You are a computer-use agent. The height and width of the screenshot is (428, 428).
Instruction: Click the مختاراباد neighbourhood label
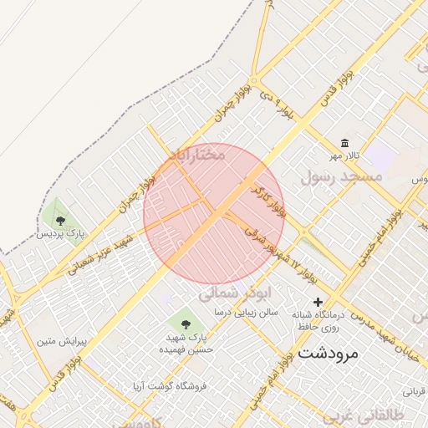[197, 155]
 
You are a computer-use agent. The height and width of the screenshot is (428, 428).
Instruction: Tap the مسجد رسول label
[342, 176]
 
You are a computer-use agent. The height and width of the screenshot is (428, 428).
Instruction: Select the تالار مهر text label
[343, 156]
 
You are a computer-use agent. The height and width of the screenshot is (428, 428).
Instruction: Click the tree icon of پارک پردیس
[60, 221]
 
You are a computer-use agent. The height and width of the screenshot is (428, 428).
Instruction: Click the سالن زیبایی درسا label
[245, 312]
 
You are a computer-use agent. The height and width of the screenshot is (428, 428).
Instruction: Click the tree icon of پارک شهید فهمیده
[184, 322]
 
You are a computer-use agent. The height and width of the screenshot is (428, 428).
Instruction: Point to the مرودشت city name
[327, 353]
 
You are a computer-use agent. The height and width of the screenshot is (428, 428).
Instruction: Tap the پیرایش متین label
[57, 341]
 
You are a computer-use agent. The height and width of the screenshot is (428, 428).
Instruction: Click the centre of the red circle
[215, 214]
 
